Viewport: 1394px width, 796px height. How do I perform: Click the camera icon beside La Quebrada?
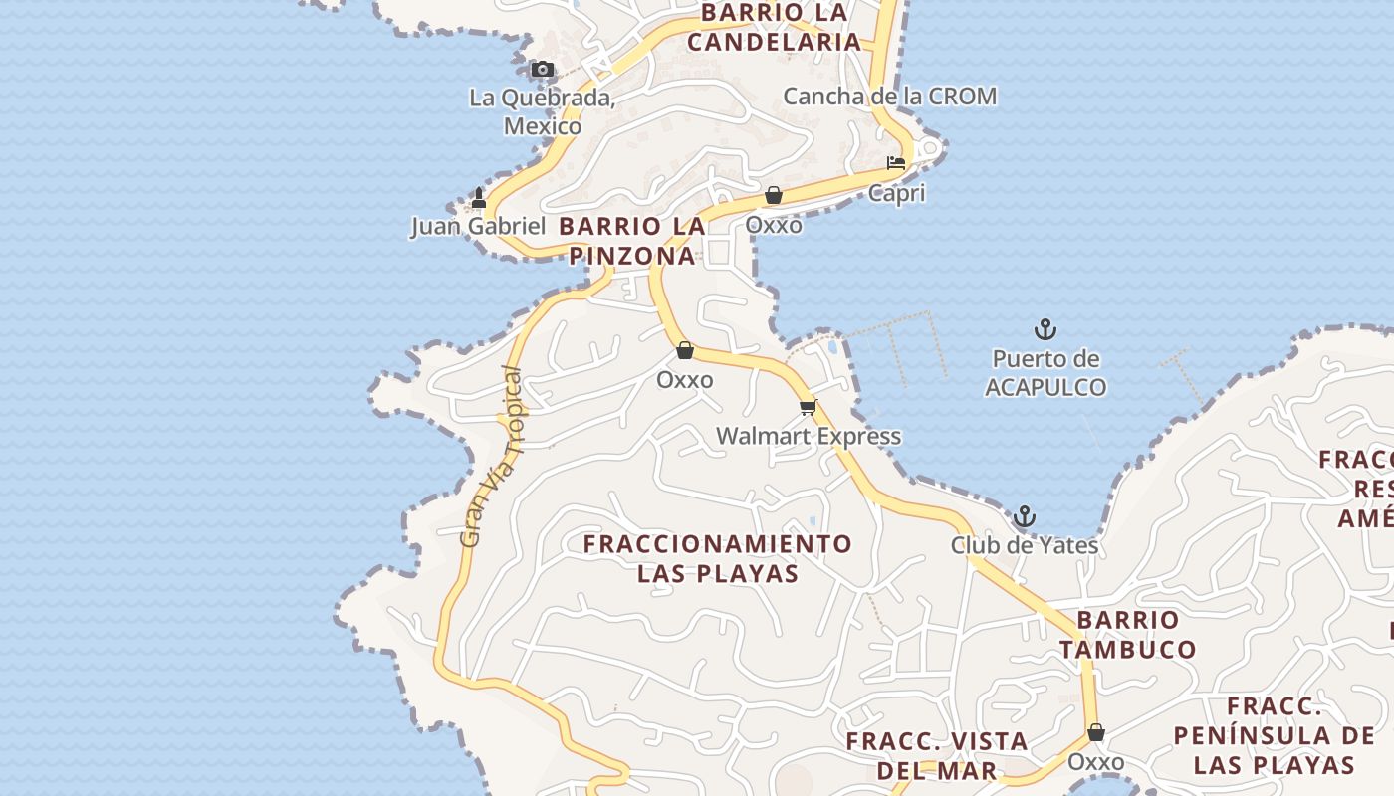(542, 70)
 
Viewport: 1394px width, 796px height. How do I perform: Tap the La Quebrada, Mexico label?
(542, 111)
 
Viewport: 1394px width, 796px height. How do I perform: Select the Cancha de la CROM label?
(889, 97)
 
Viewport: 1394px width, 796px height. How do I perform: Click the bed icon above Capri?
(896, 162)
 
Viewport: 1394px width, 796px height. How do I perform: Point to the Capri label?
(896, 193)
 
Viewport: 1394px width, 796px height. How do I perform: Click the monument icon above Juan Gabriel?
(478, 198)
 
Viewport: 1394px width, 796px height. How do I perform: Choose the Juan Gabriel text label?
(478, 227)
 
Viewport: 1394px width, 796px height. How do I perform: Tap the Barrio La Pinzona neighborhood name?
(632, 241)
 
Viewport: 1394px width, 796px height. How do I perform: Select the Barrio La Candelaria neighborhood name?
(774, 27)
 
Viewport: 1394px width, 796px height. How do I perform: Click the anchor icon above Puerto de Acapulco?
(1045, 329)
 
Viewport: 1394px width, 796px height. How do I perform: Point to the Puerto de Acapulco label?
(1045, 373)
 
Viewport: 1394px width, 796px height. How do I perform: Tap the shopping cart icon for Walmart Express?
(809, 407)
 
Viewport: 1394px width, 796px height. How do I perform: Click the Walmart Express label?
(809, 436)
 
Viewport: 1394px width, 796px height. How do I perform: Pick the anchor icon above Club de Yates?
(1024, 516)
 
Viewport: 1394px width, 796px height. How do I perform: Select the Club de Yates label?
(1024, 545)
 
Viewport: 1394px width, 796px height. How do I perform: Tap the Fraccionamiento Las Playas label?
(718, 558)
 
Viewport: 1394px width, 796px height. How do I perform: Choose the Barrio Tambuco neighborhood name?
(1127, 634)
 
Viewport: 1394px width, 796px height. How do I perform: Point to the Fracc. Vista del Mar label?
(937, 755)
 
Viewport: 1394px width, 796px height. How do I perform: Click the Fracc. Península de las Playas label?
(1274, 735)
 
